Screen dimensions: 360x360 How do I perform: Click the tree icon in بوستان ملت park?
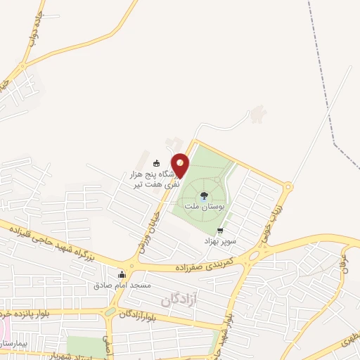click(x=203, y=195)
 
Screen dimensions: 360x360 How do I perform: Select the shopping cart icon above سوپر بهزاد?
click(x=220, y=231)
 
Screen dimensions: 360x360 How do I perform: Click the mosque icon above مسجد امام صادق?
click(x=122, y=274)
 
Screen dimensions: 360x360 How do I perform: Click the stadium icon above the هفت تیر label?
click(x=156, y=163)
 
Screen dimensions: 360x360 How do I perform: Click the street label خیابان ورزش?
click(x=146, y=233)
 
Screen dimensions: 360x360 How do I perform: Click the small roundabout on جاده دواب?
click(x=22, y=67)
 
